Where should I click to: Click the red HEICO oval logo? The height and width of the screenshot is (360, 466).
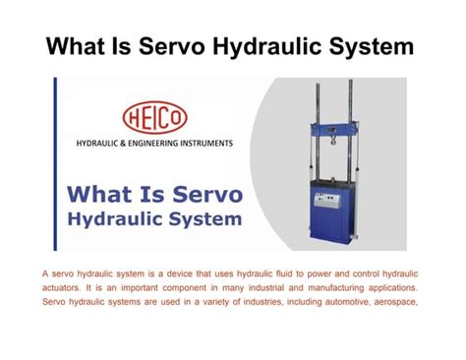[154, 118]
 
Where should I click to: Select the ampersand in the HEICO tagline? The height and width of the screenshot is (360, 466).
[125, 144]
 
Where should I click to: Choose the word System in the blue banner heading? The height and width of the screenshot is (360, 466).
[202, 216]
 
